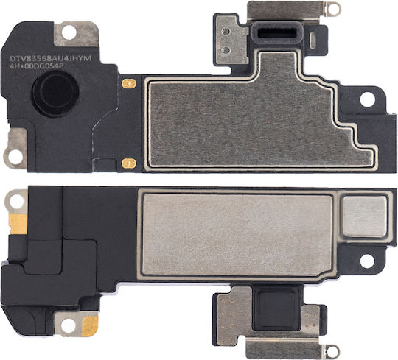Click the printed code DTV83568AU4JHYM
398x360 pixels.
click(x=51, y=59)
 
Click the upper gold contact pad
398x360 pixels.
click(x=129, y=82)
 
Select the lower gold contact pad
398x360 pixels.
click(x=129, y=163)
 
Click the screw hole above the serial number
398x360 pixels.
click(x=69, y=34)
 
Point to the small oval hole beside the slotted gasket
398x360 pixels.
click(x=313, y=40)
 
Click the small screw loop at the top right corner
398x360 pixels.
click(x=332, y=8)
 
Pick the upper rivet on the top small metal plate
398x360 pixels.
click(x=226, y=32)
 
